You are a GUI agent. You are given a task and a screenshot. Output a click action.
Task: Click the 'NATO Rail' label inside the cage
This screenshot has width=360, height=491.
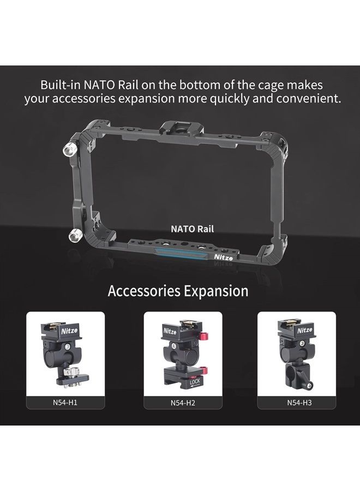coord(190,230)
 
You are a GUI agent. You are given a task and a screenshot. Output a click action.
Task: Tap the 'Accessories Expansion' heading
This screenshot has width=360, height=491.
coord(178,291)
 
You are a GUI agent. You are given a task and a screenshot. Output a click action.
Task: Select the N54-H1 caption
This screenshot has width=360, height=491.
coord(65,403)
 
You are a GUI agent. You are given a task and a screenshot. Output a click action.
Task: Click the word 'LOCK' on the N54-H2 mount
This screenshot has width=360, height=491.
coord(194,383)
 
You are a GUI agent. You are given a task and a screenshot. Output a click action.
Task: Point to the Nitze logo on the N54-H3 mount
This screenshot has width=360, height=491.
coord(305,331)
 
